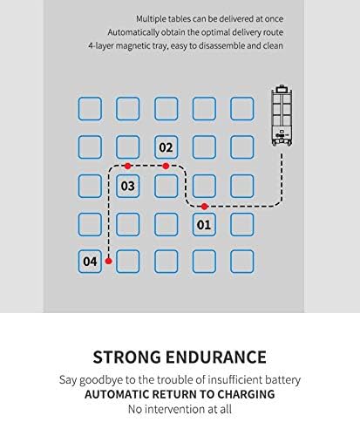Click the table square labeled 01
[x=204, y=224]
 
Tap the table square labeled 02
[x=166, y=147]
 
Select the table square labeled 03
[x=128, y=186]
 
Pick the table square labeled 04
[x=90, y=262]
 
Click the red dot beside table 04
[x=108, y=261]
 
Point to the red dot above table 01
[x=205, y=207]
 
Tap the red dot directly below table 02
[x=166, y=166]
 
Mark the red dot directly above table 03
[x=127, y=166]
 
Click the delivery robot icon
[x=282, y=115]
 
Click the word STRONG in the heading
[x=126, y=358]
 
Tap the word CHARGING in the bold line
[x=246, y=394]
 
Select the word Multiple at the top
[x=152, y=19]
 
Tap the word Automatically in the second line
[x=133, y=32]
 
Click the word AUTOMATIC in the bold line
[x=117, y=394]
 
